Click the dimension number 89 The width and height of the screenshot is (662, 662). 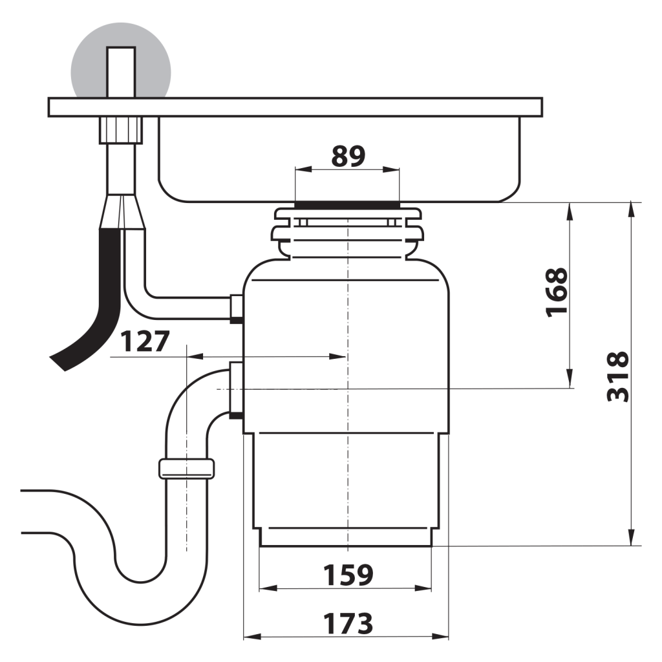(x=348, y=156)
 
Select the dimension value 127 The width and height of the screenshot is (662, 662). (x=145, y=341)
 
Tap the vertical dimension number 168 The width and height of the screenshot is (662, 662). (x=557, y=292)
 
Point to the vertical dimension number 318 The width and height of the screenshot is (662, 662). (x=617, y=376)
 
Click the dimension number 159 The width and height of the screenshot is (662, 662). (x=348, y=575)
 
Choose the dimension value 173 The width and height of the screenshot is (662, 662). (x=348, y=624)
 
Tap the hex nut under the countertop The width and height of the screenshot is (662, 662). (x=121, y=131)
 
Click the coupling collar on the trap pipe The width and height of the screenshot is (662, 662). (x=186, y=469)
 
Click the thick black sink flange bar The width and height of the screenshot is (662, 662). (x=347, y=205)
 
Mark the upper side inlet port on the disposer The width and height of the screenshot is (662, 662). (x=236, y=309)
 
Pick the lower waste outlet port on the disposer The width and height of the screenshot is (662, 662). (x=236, y=390)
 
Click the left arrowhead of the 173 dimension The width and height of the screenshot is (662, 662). (x=253, y=637)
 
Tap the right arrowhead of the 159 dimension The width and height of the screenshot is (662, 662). (x=423, y=588)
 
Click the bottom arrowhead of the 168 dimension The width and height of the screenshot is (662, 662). (x=570, y=378)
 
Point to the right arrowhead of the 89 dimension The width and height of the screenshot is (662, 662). (x=391, y=170)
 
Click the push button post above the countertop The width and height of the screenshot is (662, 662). (x=121, y=72)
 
